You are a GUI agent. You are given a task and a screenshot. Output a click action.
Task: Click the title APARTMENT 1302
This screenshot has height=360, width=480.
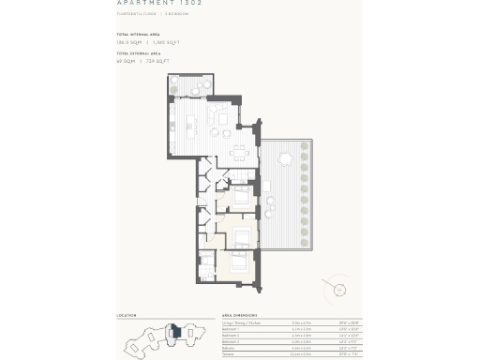pos(159,5)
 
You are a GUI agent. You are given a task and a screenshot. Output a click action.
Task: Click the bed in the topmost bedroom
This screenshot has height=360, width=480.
pos(241,196)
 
